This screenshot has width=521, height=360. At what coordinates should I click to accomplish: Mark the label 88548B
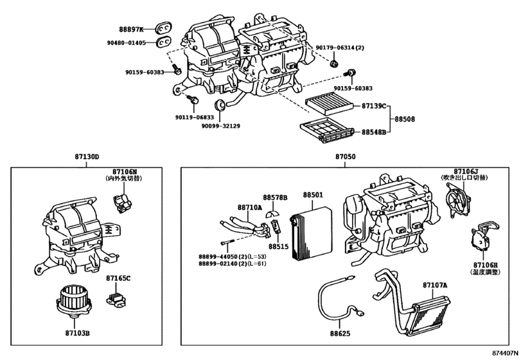(x=373, y=132)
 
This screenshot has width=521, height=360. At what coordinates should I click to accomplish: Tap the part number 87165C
(x=119, y=278)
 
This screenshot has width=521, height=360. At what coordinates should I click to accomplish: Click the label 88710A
(x=249, y=208)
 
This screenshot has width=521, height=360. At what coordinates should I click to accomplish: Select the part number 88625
(x=341, y=334)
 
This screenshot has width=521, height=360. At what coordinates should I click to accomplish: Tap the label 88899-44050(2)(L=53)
(x=233, y=257)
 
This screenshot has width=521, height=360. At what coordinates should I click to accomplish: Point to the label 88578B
(x=274, y=197)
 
